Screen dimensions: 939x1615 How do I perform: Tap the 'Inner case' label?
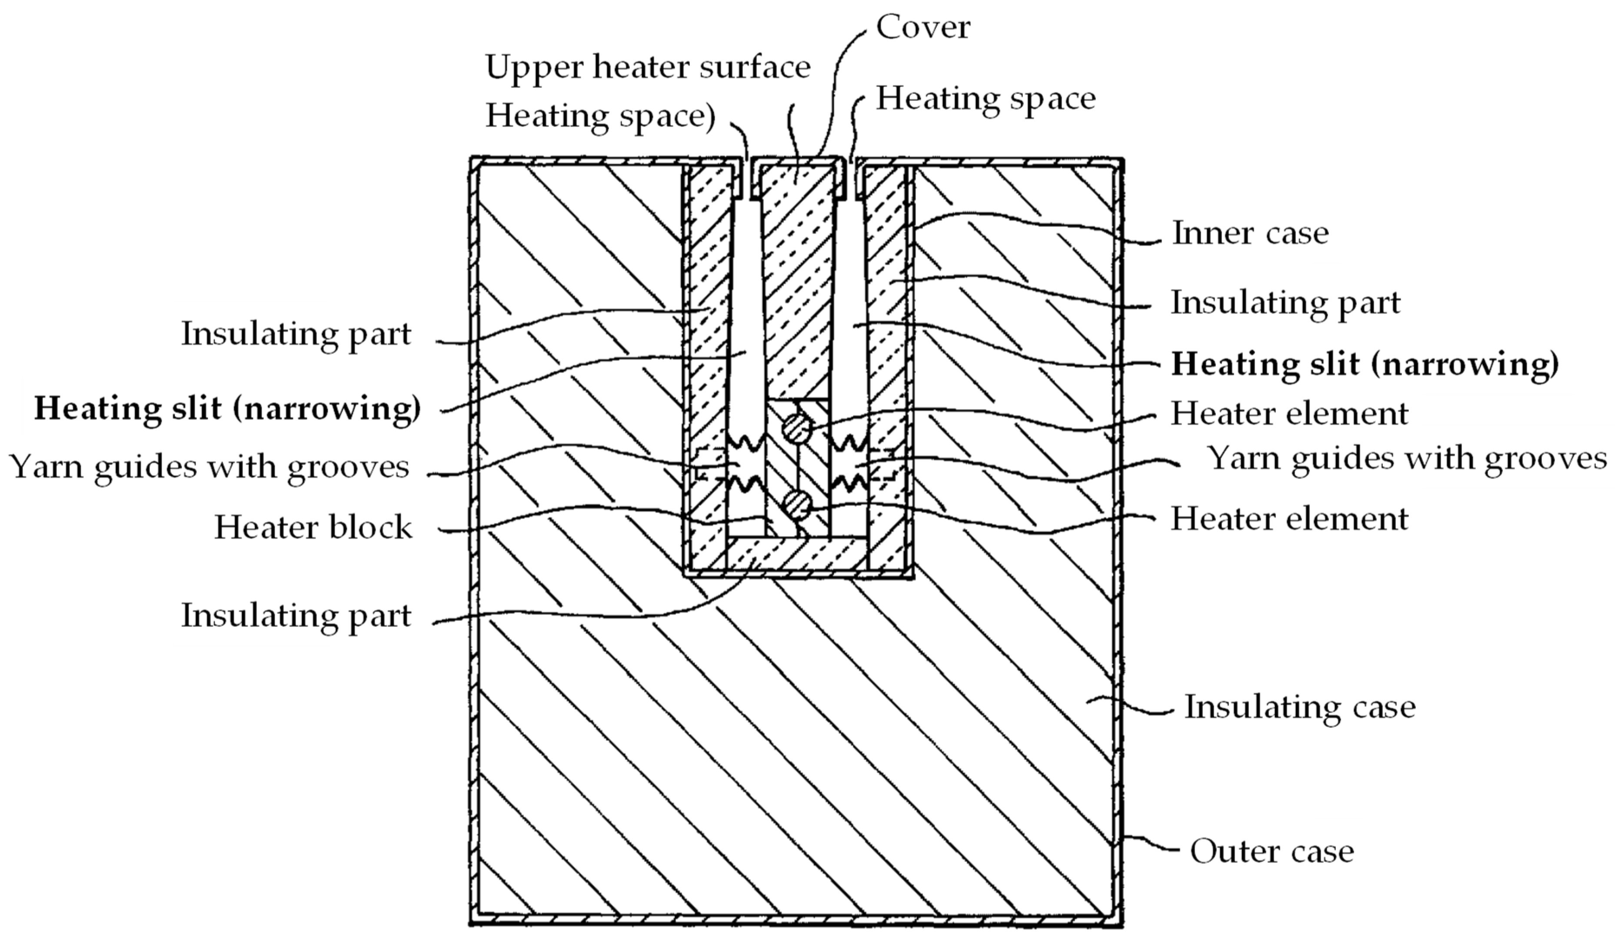pyautogui.click(x=1250, y=233)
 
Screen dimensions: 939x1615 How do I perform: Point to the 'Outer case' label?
pyautogui.click(x=1272, y=852)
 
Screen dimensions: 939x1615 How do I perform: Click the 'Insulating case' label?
pyautogui.click(x=1300, y=707)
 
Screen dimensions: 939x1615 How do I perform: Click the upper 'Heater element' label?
pyautogui.click(x=1289, y=413)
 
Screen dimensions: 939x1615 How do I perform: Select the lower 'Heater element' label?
pyautogui.click(x=1289, y=519)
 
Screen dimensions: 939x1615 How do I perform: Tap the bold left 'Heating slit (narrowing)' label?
pyautogui.click(x=227, y=408)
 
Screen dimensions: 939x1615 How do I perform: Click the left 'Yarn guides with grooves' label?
pyautogui.click(x=209, y=466)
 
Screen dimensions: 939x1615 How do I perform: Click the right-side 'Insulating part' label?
pyautogui.click(x=1285, y=303)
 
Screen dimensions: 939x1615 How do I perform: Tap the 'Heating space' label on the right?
pyautogui.click(x=986, y=99)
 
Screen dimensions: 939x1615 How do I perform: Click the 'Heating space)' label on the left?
pyautogui.click(x=600, y=117)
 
